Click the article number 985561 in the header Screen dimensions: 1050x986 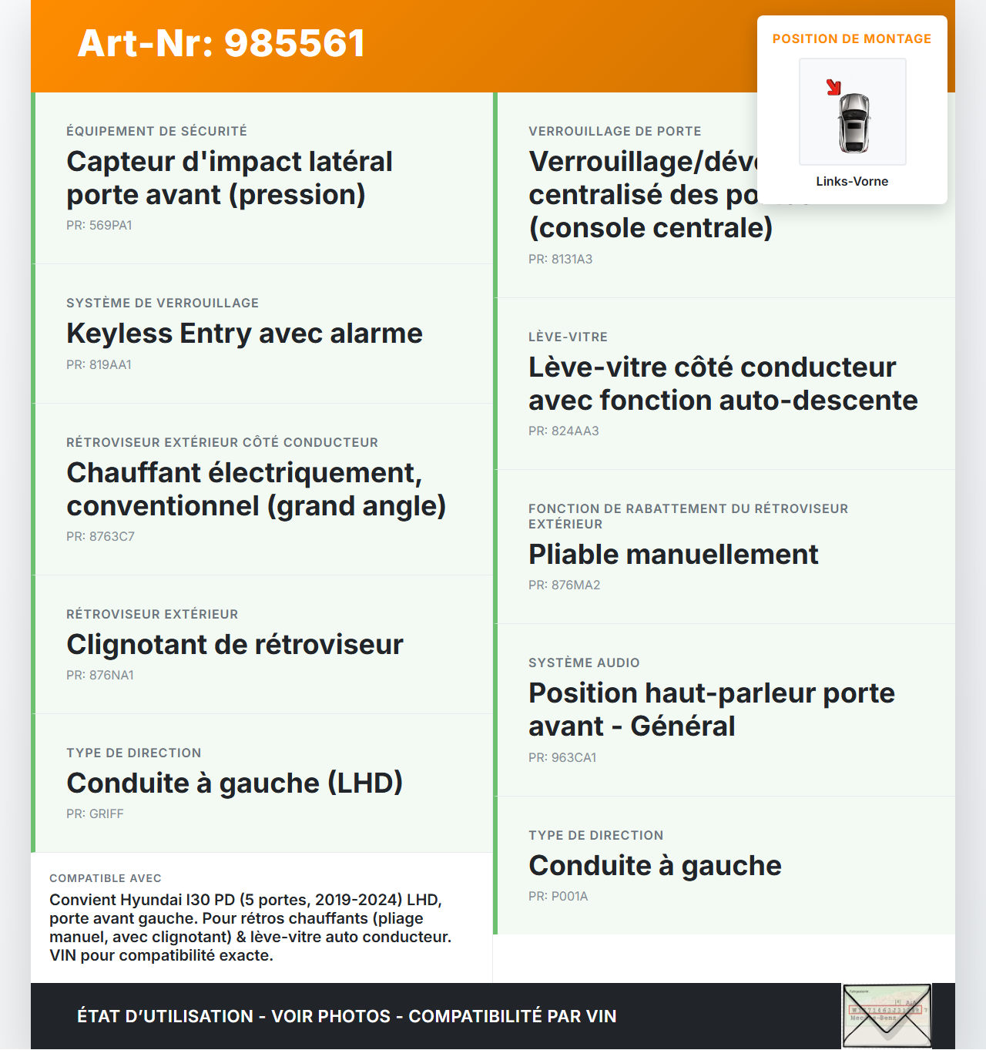[221, 43]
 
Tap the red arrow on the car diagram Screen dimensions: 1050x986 [833, 87]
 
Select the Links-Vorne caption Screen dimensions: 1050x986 [852, 181]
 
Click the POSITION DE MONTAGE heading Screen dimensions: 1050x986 [852, 39]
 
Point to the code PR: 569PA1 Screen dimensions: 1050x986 [99, 225]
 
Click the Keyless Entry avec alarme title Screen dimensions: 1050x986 [244, 334]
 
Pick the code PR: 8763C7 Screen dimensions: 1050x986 [100, 536]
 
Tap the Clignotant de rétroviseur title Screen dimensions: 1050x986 [235, 645]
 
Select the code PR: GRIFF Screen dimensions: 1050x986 [95, 813]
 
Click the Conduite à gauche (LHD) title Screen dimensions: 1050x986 [235, 783]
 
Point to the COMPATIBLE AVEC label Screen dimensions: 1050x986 [106, 878]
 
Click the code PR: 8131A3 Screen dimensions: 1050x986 [560, 259]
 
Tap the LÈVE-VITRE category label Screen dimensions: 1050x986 [568, 337]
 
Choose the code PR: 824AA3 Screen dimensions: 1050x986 [563, 431]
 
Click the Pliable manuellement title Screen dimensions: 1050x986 [673, 555]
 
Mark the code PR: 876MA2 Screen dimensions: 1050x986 [564, 585]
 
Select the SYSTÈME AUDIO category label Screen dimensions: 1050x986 [584, 663]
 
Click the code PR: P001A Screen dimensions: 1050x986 [558, 896]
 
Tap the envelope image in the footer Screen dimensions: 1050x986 [887, 1015]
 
